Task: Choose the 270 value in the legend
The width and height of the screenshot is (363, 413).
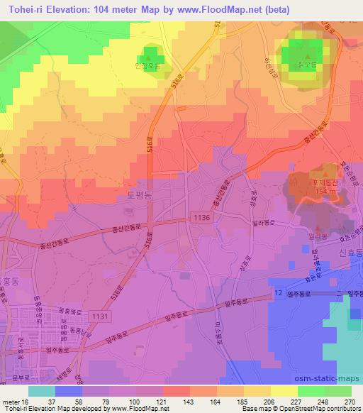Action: (x=350, y=402)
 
